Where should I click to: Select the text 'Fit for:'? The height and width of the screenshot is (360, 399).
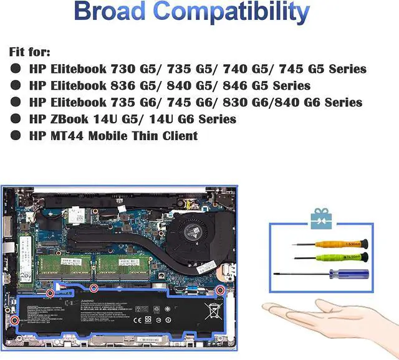pos(30,52)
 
